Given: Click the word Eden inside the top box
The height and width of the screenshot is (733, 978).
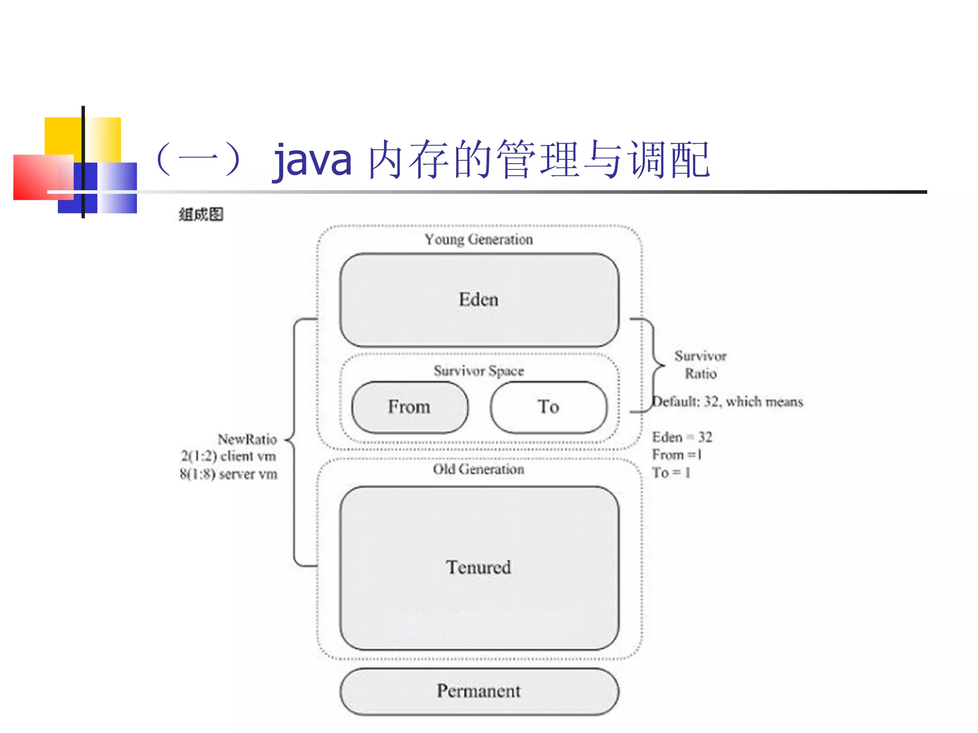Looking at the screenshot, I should [x=478, y=300].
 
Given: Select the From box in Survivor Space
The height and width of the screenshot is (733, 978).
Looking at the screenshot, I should [x=409, y=407].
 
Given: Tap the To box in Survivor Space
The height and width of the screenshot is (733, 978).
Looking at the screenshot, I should [x=548, y=407].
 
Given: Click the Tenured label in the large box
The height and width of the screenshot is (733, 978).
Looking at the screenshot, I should [x=478, y=567].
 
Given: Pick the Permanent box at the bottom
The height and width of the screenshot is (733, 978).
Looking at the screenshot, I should [x=479, y=691].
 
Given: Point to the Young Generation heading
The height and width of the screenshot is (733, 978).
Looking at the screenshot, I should [x=478, y=239].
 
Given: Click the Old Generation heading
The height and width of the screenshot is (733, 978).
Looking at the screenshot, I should [x=478, y=469].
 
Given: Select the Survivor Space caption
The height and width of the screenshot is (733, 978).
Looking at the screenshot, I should [x=478, y=371].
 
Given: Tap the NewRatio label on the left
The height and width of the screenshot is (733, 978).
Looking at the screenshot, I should [x=247, y=439].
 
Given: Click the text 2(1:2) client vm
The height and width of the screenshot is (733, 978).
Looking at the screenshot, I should [x=228, y=456].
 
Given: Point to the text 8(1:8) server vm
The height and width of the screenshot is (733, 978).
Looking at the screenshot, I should [x=228, y=474].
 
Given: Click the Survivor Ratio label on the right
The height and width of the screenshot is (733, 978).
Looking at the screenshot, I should [x=700, y=365].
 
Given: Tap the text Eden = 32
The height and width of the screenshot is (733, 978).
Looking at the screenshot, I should [x=682, y=437].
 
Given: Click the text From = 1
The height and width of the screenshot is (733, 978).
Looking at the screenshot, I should [x=677, y=455].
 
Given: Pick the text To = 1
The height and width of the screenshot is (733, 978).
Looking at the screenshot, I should [x=671, y=473].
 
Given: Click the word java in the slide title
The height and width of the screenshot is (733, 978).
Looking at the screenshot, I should [x=313, y=160].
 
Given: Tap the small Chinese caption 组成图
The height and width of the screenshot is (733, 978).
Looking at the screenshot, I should [x=201, y=215].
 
